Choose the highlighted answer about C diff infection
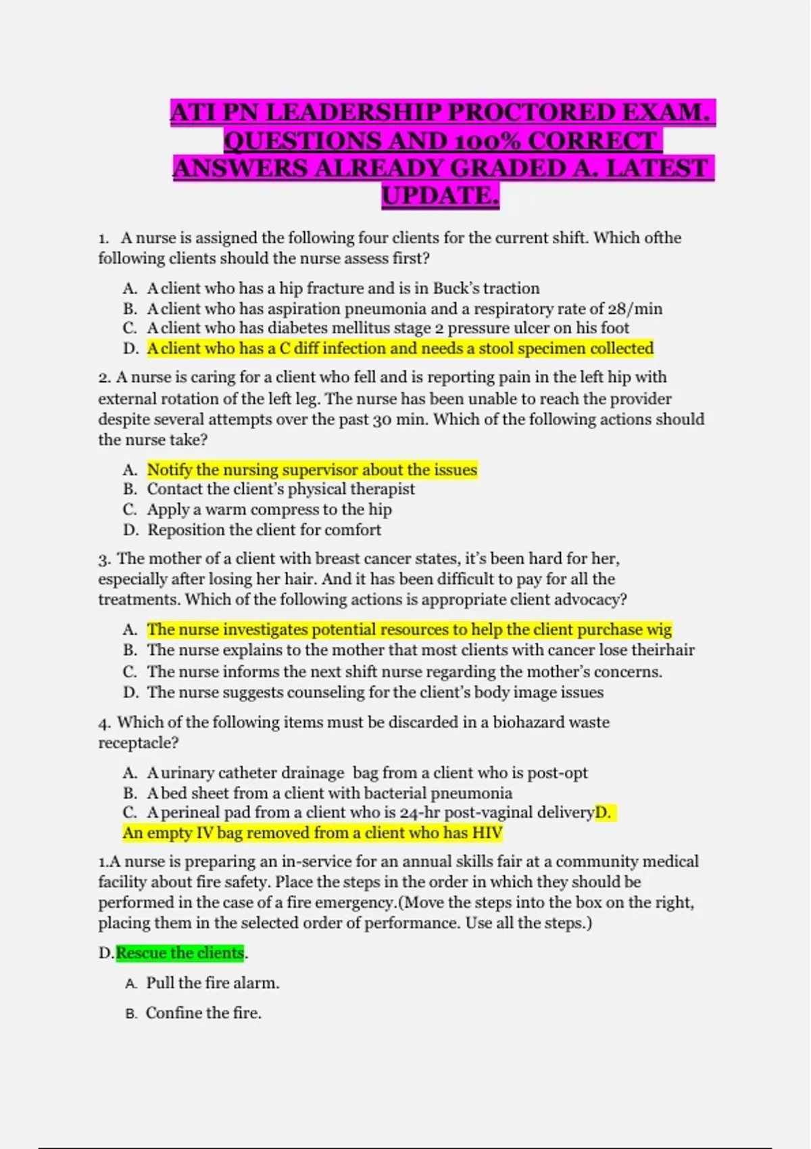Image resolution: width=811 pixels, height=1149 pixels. pyautogui.click(x=400, y=349)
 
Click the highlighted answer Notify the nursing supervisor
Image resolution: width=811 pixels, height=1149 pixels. pyautogui.click(x=312, y=470)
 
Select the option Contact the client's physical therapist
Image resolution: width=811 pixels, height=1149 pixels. pyautogui.click(x=280, y=489)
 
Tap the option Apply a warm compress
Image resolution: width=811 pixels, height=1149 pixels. pyautogui.click(x=269, y=510)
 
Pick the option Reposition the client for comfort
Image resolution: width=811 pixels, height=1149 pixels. pyautogui.click(x=264, y=530)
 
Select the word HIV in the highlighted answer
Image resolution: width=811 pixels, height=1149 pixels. pyautogui.click(x=487, y=833)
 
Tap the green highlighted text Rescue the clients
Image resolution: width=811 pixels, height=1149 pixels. pyautogui.click(x=180, y=953)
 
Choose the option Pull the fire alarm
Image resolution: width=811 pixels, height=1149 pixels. pyautogui.click(x=212, y=983)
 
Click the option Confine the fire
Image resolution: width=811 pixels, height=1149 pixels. pyautogui.click(x=203, y=1013)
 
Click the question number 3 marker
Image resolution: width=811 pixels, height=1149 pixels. pyautogui.click(x=104, y=560)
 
